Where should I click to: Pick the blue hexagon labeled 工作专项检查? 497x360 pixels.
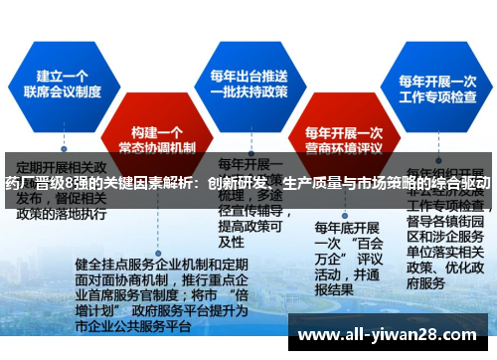click(436, 90)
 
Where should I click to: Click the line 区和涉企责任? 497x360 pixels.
click(447, 238)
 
